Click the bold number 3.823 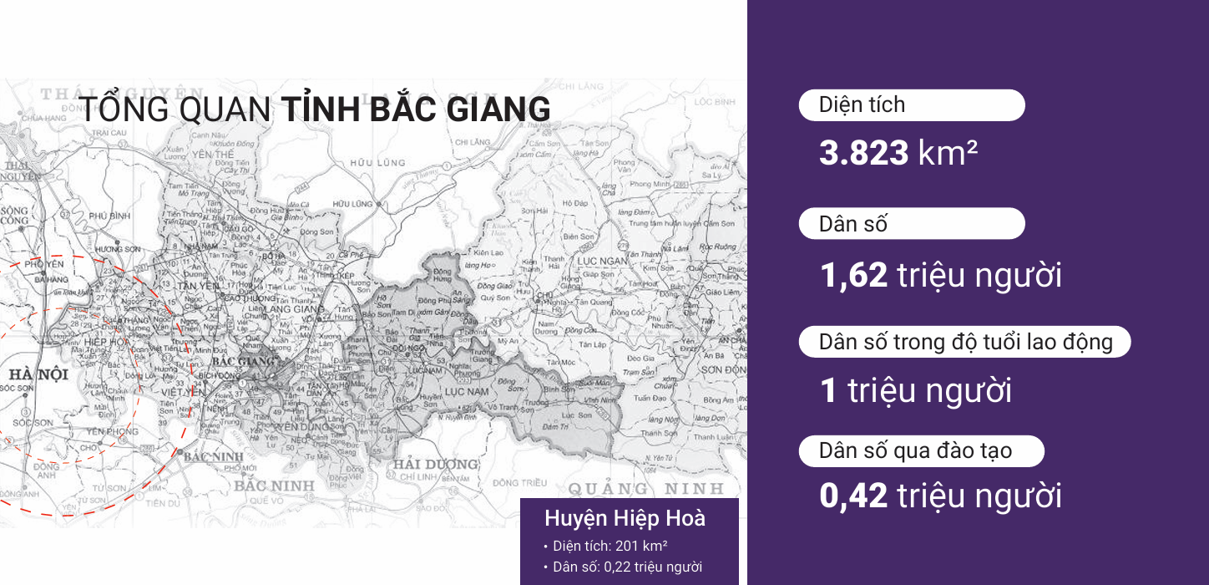tap(863, 154)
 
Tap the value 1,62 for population tap(853, 275)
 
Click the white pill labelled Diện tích tap(911, 105)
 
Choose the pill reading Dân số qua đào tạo tap(921, 451)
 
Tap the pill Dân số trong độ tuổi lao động tap(965, 343)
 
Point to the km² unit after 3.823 tap(948, 154)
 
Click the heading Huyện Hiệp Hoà tap(625, 518)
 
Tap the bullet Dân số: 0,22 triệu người tap(627, 567)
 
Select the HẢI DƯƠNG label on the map tap(436, 464)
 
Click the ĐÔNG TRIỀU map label tap(519, 483)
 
